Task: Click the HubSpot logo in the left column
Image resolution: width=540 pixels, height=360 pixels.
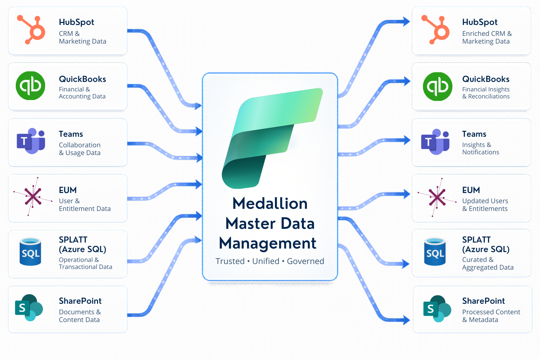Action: [31, 30]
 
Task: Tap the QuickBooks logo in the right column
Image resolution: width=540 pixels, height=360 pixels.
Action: [437, 86]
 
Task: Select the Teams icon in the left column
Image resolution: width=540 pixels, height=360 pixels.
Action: [31, 141]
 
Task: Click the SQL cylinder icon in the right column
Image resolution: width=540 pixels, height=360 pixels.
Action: [435, 251]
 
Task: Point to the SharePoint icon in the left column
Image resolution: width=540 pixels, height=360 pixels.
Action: [29, 308]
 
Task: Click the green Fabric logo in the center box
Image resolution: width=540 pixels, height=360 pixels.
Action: [272, 138]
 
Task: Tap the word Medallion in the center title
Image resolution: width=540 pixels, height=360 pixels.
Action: [270, 204]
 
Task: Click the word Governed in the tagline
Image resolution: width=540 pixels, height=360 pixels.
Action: [306, 261]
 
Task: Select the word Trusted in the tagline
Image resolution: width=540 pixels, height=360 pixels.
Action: [230, 261]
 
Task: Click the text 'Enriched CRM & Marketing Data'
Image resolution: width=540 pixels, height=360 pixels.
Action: [487, 37]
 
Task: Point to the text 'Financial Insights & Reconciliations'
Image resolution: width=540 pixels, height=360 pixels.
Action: [486, 93]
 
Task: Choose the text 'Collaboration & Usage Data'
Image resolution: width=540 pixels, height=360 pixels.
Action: [79, 149]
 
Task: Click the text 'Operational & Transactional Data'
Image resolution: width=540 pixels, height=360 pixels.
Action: [85, 263]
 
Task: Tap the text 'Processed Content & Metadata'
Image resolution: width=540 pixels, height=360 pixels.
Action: [491, 316]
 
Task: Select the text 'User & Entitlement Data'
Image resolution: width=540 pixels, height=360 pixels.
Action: [85, 205]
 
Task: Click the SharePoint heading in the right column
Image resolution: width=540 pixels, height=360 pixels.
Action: [483, 301]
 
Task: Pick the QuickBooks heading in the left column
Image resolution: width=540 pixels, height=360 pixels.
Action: [83, 79]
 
